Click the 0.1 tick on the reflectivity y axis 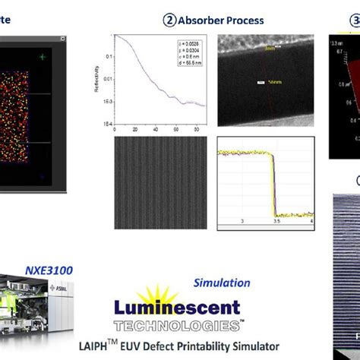tap(108, 56)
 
